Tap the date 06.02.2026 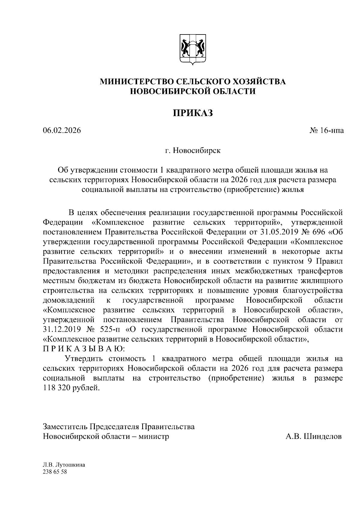(x=62, y=131)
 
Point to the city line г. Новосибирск (x=193, y=151)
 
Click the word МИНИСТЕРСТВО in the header (x=136, y=81)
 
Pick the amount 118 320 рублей (x=71, y=388)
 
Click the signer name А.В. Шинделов (x=313, y=436)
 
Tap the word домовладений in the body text (x=69, y=300)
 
